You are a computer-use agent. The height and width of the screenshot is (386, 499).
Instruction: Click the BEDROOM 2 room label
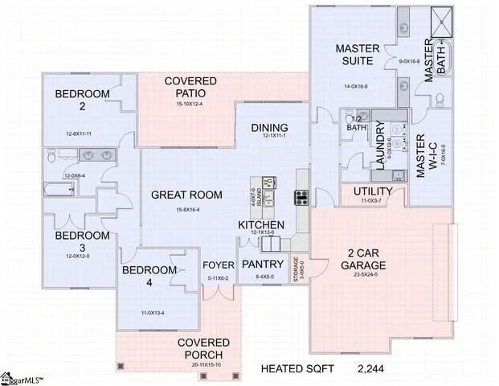pos(81,100)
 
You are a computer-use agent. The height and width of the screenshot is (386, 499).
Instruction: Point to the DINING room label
pos(270,128)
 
